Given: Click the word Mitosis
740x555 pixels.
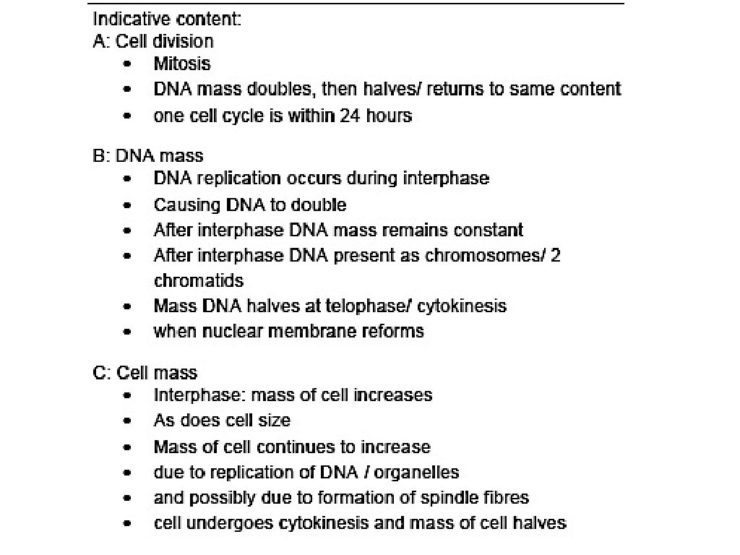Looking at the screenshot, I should point(181,64).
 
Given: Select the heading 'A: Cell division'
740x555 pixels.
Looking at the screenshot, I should point(153,41).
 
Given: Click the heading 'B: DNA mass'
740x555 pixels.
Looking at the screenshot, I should point(148,155).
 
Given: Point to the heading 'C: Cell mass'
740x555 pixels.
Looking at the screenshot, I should point(145,373).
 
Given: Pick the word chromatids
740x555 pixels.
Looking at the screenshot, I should point(199,280).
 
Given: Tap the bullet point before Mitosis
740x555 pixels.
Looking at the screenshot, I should point(128,64).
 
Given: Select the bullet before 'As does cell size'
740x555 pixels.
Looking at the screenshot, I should point(128,421).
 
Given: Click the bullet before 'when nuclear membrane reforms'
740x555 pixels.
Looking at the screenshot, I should point(128,332).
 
